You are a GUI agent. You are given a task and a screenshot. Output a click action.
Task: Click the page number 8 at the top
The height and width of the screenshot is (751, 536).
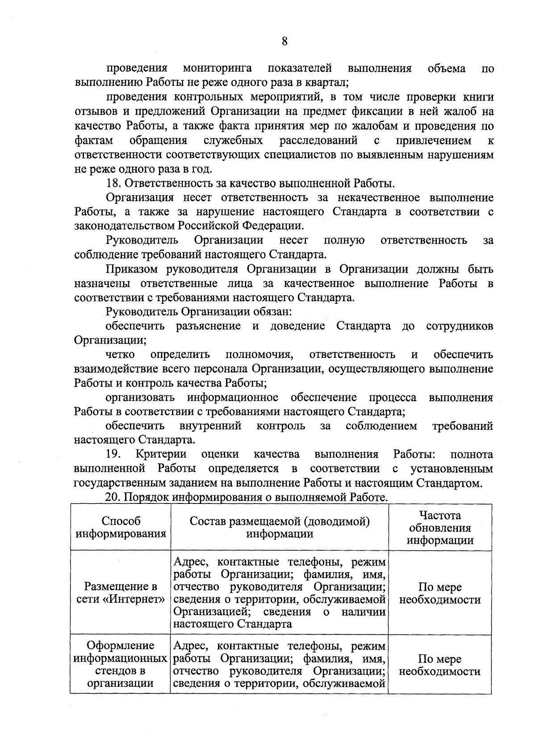point(284,42)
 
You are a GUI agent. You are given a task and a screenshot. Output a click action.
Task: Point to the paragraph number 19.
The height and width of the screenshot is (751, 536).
point(113,454)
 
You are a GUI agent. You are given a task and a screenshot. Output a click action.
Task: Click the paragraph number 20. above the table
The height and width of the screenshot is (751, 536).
point(114,497)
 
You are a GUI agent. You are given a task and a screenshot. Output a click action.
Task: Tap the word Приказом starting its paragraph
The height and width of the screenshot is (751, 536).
point(133,269)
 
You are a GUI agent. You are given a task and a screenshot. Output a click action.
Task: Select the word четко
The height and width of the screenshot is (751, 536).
point(120,354)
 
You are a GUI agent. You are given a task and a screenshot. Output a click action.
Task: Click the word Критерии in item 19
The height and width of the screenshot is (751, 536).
point(161,454)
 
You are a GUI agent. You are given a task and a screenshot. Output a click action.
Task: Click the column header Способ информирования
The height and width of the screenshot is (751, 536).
point(121,527)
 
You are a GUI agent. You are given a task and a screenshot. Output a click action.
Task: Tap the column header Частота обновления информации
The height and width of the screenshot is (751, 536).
point(440,528)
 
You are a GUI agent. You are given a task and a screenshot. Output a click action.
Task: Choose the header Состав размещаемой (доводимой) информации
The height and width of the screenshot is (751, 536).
point(280,528)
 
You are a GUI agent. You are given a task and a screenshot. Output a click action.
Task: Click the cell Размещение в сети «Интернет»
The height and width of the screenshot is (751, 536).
point(121,593)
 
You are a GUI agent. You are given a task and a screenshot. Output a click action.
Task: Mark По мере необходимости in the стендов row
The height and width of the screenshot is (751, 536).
point(440,665)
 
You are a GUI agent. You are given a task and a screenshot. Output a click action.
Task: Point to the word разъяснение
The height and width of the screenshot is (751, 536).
point(208,326)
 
